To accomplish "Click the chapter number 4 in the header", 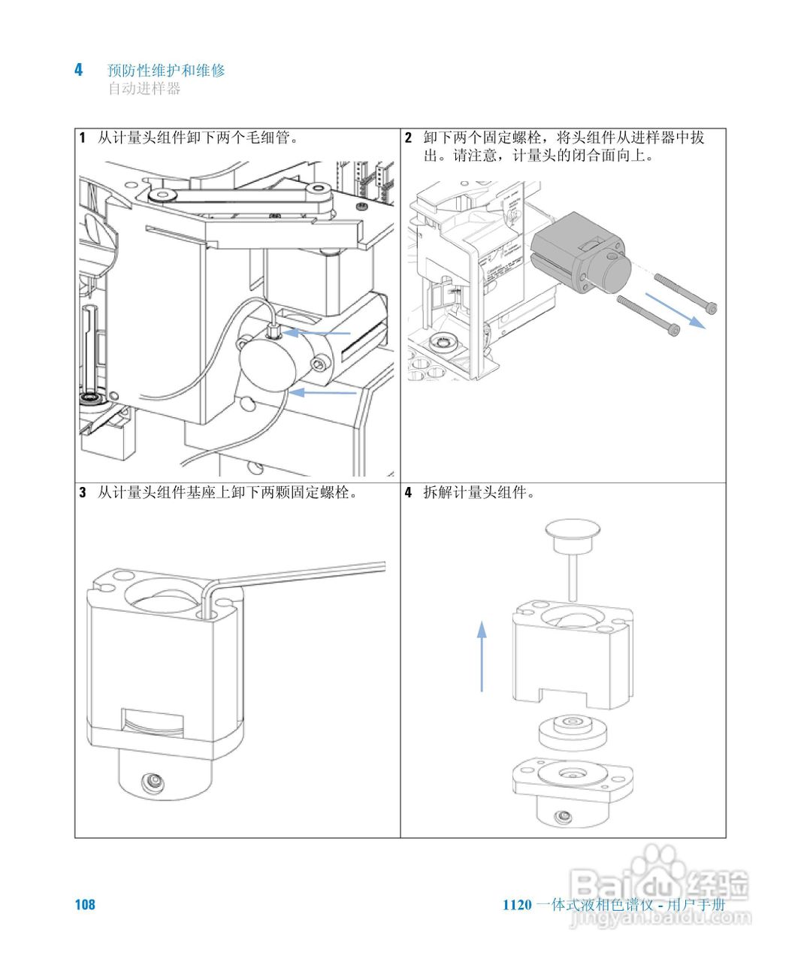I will (78, 70).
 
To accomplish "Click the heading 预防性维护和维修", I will (166, 71).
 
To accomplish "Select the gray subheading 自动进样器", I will (144, 89).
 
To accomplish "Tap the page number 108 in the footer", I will (85, 904).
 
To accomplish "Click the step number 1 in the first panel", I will (83, 138).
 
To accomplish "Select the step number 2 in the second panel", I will (408, 138).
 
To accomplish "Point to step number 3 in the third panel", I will (83, 493).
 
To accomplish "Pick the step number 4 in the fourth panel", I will (408, 493).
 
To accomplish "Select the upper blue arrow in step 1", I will (320, 331).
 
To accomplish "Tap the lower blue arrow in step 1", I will (323, 392).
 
